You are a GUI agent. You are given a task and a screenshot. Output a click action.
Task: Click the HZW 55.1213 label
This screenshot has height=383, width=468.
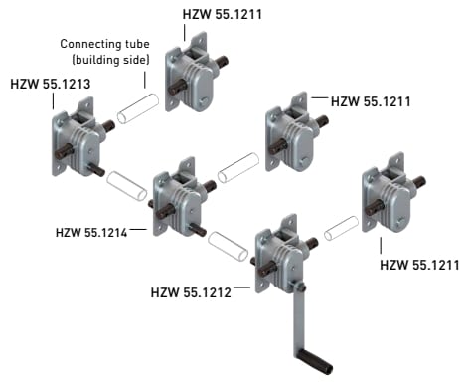click(51, 84)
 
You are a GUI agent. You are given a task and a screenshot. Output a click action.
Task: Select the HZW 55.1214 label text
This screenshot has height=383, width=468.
click(91, 232)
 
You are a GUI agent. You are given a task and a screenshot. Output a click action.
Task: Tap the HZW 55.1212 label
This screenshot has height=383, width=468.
click(191, 292)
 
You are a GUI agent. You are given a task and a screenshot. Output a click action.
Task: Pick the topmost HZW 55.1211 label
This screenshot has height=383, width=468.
click(223, 14)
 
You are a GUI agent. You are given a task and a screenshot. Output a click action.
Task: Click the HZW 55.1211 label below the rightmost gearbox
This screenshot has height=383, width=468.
click(419, 265)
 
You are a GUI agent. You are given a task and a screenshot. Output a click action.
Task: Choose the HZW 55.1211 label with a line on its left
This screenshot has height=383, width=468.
click(371, 101)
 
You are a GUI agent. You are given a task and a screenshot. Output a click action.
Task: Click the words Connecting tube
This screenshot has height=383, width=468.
click(104, 44)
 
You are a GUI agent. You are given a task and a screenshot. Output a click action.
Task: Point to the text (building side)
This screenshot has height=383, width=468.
click(110, 60)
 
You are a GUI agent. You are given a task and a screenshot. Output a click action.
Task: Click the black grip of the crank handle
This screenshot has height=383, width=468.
click(315, 362)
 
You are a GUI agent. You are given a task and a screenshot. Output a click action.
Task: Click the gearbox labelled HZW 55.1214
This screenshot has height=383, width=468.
click(181, 198)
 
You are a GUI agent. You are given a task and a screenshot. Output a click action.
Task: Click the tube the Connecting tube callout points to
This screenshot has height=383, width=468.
click(138, 108)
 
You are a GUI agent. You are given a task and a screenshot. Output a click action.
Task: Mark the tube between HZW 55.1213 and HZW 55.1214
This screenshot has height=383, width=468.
click(126, 186)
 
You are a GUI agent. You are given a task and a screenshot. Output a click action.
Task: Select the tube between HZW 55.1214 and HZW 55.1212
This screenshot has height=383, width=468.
click(228, 246)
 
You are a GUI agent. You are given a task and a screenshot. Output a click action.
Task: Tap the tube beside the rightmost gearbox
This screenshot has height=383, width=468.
click(341, 228)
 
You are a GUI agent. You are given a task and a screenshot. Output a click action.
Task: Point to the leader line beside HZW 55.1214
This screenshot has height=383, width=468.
click(138, 229)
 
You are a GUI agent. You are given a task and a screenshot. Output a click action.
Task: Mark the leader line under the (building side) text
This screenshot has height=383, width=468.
click(145, 80)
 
